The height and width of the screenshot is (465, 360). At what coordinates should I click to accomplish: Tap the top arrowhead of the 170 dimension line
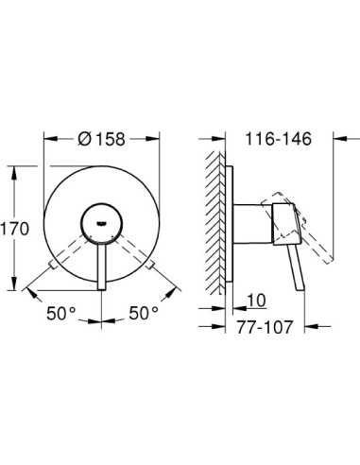(x=13, y=168)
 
